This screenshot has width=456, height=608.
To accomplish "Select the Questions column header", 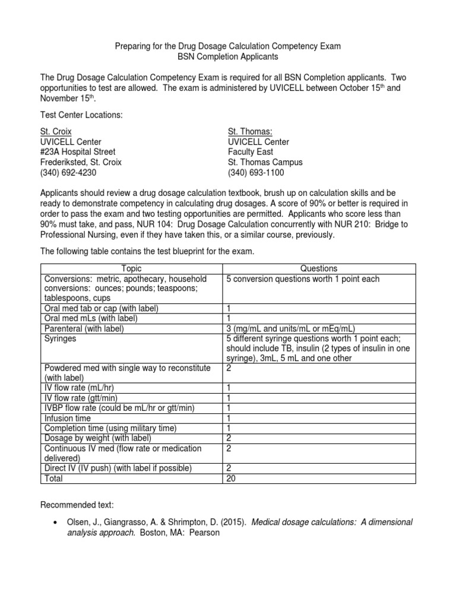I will pos(319,268).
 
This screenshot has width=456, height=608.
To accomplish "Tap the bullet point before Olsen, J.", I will pos(55,522).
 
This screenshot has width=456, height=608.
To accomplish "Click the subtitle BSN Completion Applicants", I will pos(228,56).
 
